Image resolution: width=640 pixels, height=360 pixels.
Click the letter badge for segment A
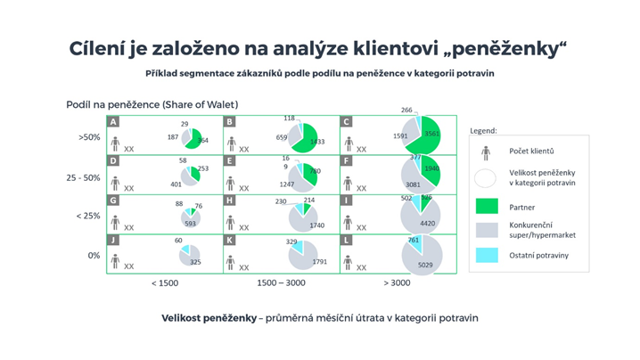pyautogui.click(x=113, y=122)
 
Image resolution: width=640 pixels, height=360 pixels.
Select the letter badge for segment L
pyautogui.click(x=347, y=241)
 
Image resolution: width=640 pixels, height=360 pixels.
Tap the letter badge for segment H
pyautogui.click(x=230, y=201)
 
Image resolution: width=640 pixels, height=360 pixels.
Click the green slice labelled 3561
pyautogui.click(x=429, y=133)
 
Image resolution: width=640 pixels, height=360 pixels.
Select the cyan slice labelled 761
pyautogui.click(x=415, y=241)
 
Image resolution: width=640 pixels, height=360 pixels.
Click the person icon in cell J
pyautogui.click(x=115, y=261)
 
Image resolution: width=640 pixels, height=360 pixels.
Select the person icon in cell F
pyautogui.click(x=349, y=183)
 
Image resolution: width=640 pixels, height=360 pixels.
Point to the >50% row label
pyautogui.click(x=90, y=138)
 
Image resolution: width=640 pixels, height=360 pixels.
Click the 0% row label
pyautogui.click(x=93, y=256)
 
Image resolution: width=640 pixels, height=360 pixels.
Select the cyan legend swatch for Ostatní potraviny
pyautogui.click(x=486, y=256)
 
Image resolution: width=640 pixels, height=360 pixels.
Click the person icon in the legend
pyautogui.click(x=486, y=153)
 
